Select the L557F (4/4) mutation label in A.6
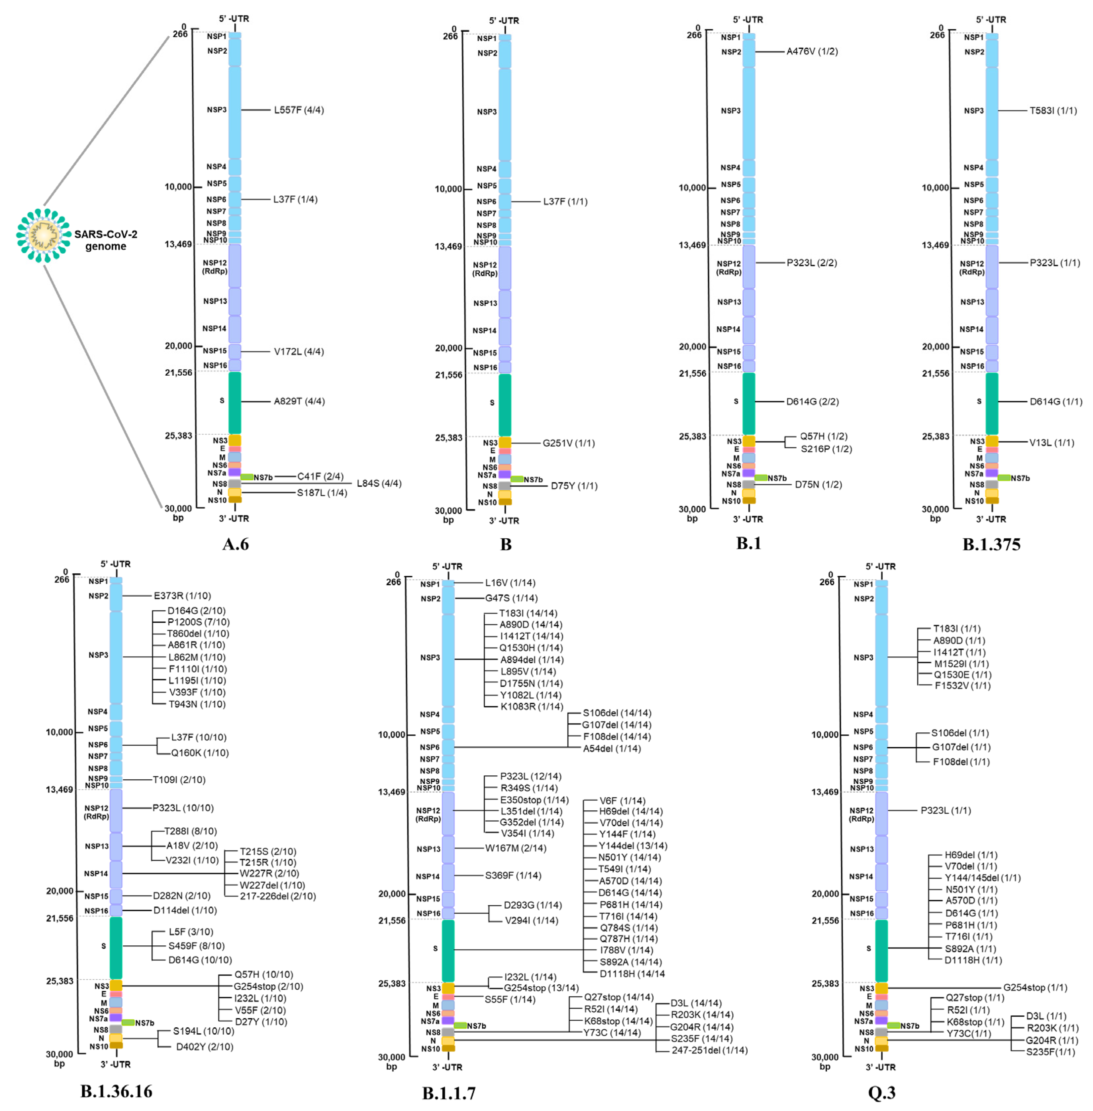(x=298, y=110)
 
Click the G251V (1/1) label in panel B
(x=568, y=443)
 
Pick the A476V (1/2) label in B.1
(x=812, y=52)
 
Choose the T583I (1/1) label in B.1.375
(x=1053, y=111)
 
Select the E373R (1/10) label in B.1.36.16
(x=182, y=596)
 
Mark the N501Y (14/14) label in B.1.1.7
(x=629, y=857)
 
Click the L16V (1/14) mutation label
(x=510, y=583)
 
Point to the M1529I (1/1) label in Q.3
(x=961, y=663)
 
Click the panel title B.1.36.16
(x=116, y=1091)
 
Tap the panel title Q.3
(x=881, y=1092)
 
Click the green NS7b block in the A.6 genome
(x=247, y=477)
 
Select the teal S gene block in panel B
(x=504, y=405)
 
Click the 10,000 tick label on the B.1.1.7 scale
(x=391, y=734)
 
